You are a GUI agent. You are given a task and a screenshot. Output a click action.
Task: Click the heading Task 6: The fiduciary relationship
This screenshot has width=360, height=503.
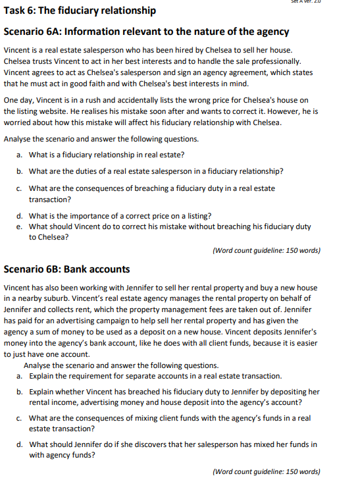80,11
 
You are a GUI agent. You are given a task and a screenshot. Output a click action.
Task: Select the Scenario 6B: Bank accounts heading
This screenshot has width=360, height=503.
66,269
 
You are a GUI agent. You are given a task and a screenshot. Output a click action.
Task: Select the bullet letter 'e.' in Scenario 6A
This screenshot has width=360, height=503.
20,226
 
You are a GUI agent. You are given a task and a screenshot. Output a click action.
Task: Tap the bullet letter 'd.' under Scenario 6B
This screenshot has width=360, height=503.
20,444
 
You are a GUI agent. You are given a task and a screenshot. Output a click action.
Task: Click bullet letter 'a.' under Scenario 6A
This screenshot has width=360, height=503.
20,155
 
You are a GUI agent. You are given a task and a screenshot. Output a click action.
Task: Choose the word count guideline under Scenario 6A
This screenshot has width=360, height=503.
267,250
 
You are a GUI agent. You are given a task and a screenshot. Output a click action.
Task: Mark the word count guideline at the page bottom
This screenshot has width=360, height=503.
267,471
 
